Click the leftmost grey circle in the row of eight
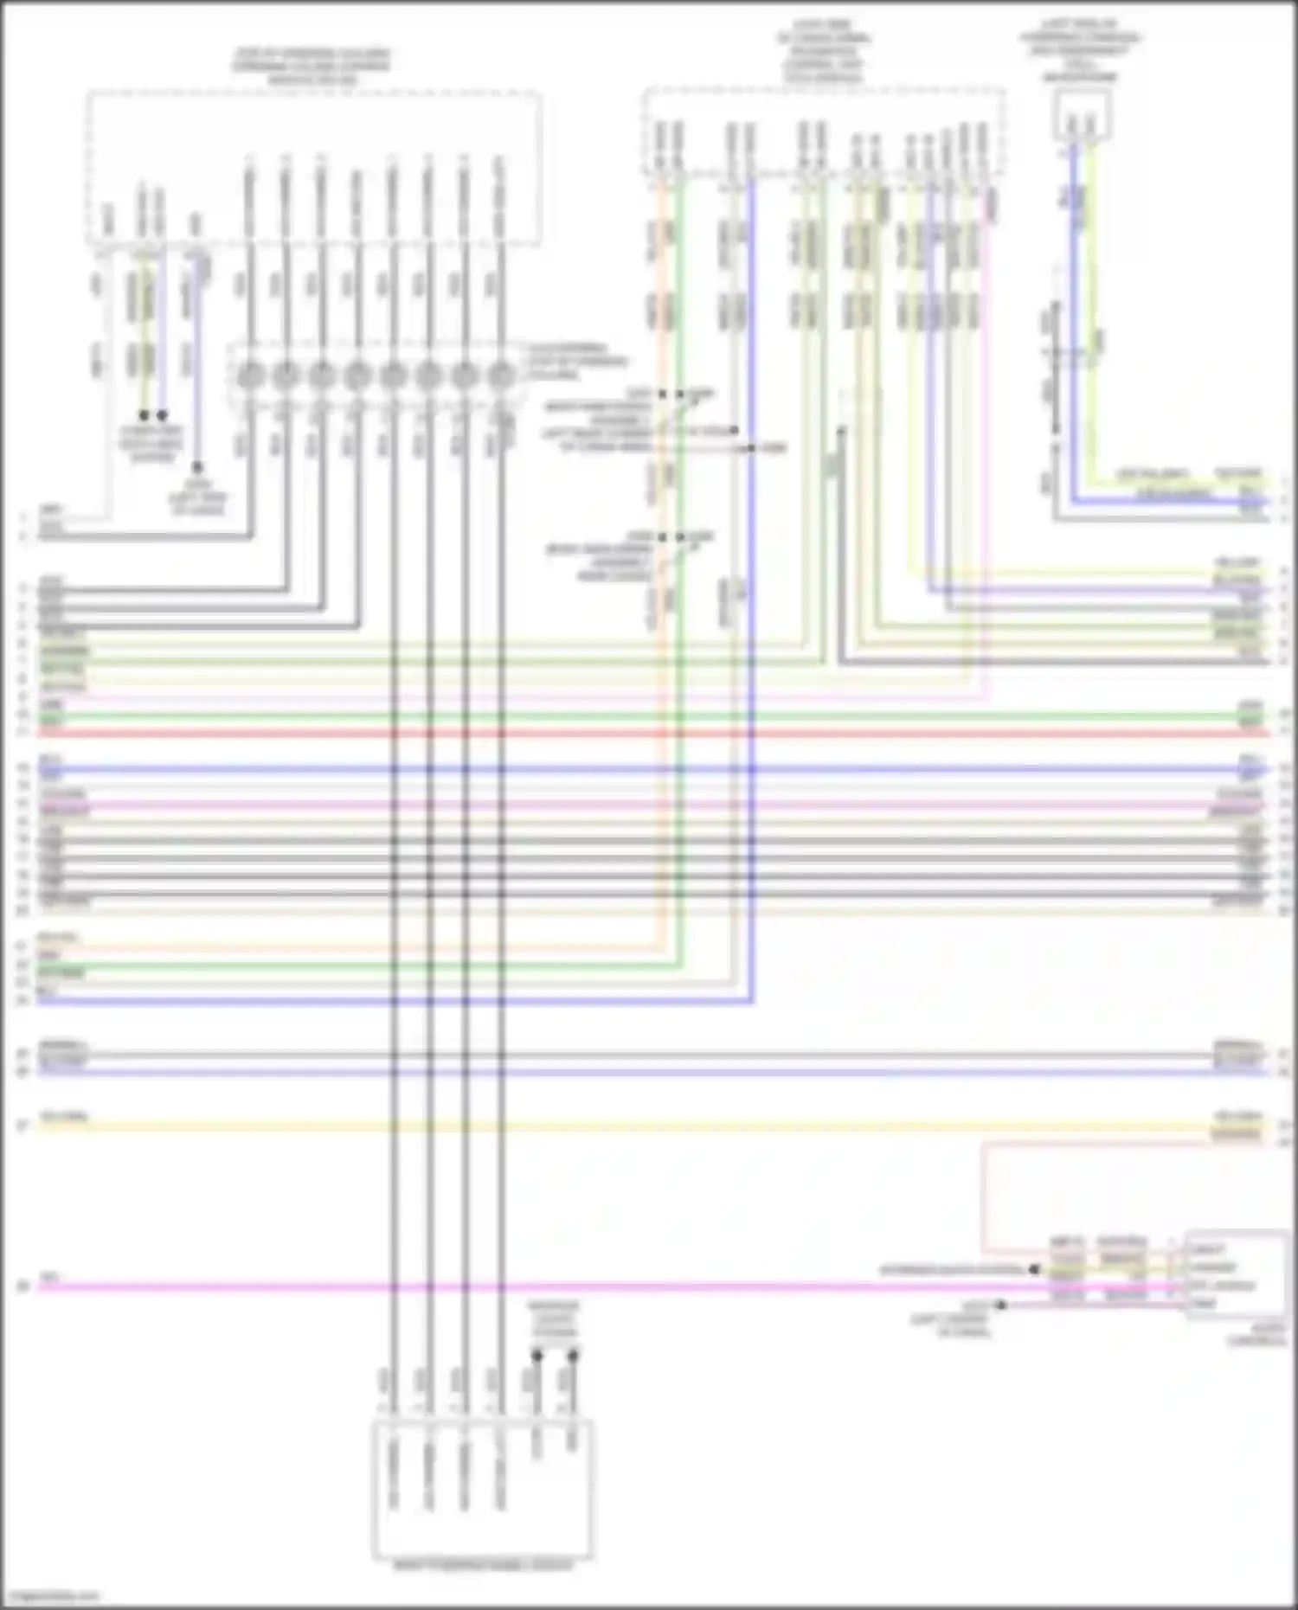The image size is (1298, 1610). tap(250, 376)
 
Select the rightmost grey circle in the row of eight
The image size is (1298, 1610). tap(500, 376)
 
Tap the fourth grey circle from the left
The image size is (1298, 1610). tap(357, 376)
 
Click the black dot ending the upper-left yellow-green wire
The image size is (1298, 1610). tap(145, 416)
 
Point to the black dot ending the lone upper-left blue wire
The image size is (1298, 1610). tap(198, 467)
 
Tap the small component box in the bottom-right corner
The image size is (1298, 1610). tap(1236, 1274)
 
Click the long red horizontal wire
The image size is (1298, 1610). tap(649, 733)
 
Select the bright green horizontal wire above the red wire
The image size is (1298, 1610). tap(649, 716)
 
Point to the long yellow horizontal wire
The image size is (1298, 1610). tap(649, 1126)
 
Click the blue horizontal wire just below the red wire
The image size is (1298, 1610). tap(649, 769)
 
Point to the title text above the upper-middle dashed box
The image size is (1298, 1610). tap(823, 51)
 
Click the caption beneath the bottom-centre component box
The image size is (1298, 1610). tap(483, 1566)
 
